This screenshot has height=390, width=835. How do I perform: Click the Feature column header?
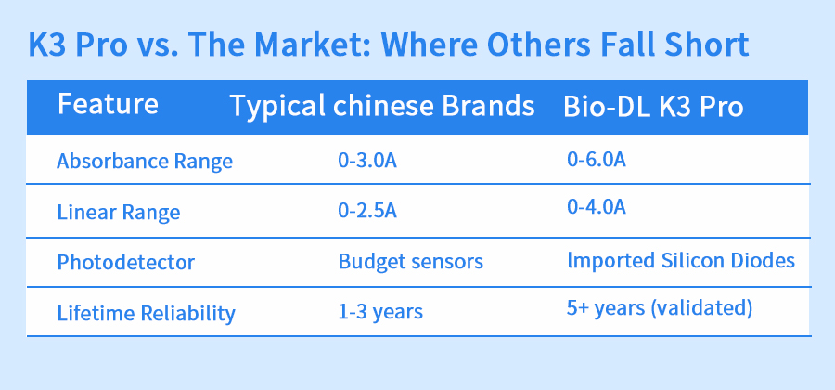click(108, 103)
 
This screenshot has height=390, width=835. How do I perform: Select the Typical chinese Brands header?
click(382, 106)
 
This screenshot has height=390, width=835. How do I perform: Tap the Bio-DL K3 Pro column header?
click(653, 107)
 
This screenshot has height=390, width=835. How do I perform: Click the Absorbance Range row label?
click(145, 161)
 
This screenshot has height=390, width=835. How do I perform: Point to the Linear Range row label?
click(119, 212)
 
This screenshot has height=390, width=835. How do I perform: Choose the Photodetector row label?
click(125, 262)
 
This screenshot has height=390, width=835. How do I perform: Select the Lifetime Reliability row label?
click(146, 313)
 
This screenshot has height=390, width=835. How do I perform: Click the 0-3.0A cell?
click(367, 160)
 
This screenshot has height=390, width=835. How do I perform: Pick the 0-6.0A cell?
click(597, 160)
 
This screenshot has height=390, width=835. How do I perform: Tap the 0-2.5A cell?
click(367, 211)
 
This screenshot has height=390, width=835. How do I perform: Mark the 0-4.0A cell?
click(597, 207)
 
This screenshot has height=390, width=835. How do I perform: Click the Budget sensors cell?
click(411, 261)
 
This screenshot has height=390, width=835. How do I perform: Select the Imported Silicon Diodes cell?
click(681, 260)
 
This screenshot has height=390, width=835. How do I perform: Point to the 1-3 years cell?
click(380, 312)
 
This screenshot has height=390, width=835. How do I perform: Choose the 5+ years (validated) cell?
click(660, 308)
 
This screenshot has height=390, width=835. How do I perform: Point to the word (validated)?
click(701, 309)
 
